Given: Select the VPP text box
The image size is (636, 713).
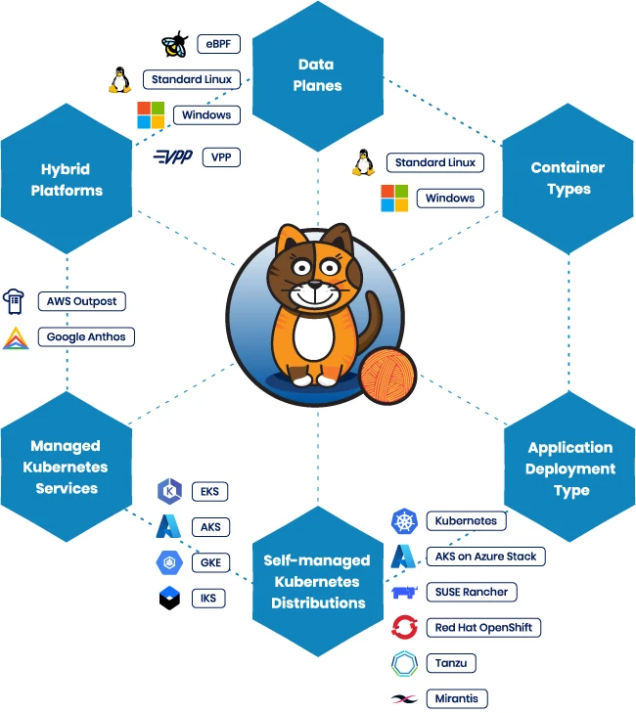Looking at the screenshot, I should click(220, 156).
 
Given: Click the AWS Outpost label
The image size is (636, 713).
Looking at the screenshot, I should click(81, 301).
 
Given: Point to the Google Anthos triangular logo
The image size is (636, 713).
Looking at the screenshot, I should click(16, 338).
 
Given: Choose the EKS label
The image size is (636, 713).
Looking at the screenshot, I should click(209, 491).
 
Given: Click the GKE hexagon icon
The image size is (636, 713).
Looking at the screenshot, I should click(169, 562).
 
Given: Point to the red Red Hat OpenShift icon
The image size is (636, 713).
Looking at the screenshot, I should click(404, 627).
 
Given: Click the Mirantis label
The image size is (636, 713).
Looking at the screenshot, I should click(457, 698).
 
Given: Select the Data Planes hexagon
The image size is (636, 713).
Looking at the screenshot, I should click(317, 74).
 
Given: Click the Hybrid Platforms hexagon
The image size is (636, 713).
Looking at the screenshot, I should click(67, 179).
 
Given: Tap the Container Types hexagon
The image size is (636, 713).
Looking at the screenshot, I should click(568, 179).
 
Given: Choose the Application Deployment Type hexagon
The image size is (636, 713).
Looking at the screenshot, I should click(569, 468).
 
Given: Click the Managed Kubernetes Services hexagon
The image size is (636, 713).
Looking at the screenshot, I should click(67, 467).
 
